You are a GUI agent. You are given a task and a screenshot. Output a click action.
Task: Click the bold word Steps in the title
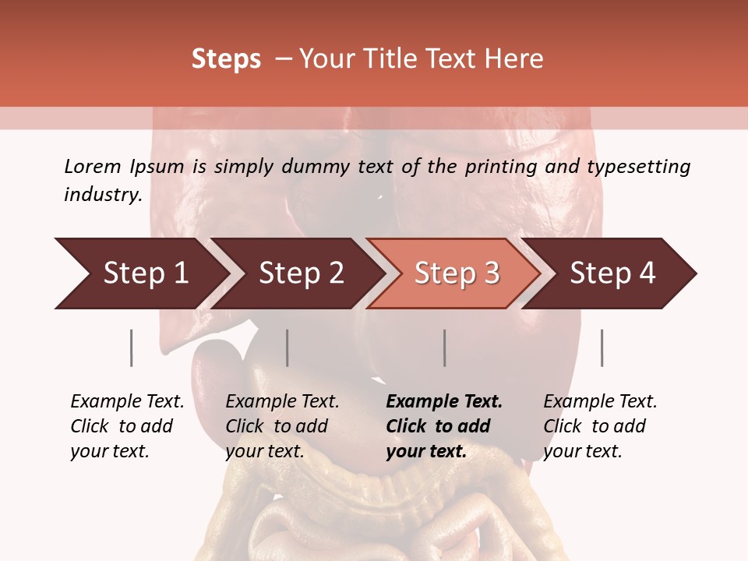coord(226,59)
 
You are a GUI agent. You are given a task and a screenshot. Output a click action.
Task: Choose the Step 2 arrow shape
coord(301,273)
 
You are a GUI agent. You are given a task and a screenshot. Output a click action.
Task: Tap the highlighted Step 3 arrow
coord(457,273)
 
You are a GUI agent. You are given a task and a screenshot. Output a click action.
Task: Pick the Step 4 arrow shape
coord(612,273)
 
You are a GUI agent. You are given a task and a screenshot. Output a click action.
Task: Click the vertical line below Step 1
coord(132,348)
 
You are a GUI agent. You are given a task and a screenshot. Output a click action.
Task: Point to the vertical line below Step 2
coord(288,348)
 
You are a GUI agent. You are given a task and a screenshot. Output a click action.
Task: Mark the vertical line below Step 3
coord(445,348)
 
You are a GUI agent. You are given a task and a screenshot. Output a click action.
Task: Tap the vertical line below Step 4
coord(602,348)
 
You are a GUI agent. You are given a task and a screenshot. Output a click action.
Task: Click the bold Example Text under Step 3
coord(444,402)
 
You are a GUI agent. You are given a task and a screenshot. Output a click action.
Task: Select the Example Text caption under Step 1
coord(127,402)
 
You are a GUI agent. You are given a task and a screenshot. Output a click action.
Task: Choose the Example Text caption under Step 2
coord(282,402)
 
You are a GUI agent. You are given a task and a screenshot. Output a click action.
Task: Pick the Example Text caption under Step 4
coord(600,402)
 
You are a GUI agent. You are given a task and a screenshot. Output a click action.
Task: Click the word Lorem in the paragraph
coord(93,167)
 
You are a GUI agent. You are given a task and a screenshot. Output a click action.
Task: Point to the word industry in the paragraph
coord(101,195)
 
